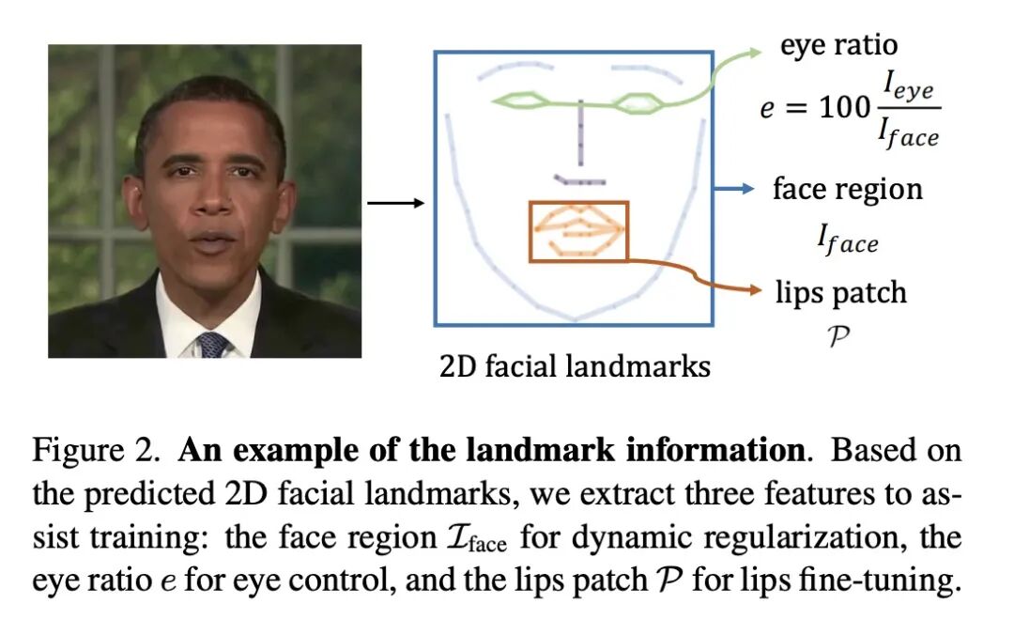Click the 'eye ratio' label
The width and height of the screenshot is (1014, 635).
[x=838, y=45]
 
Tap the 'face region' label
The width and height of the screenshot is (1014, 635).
[x=847, y=189]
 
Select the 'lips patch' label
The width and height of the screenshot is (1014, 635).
[x=840, y=292]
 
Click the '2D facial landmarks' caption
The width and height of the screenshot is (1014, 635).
[x=575, y=365]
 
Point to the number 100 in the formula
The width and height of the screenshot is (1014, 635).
[x=845, y=108]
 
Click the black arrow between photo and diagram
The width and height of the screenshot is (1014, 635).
[x=395, y=202]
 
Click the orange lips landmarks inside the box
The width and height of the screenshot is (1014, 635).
[x=575, y=229]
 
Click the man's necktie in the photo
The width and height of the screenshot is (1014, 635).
[x=214, y=344]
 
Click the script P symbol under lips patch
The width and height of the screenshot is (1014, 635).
[x=840, y=333]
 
